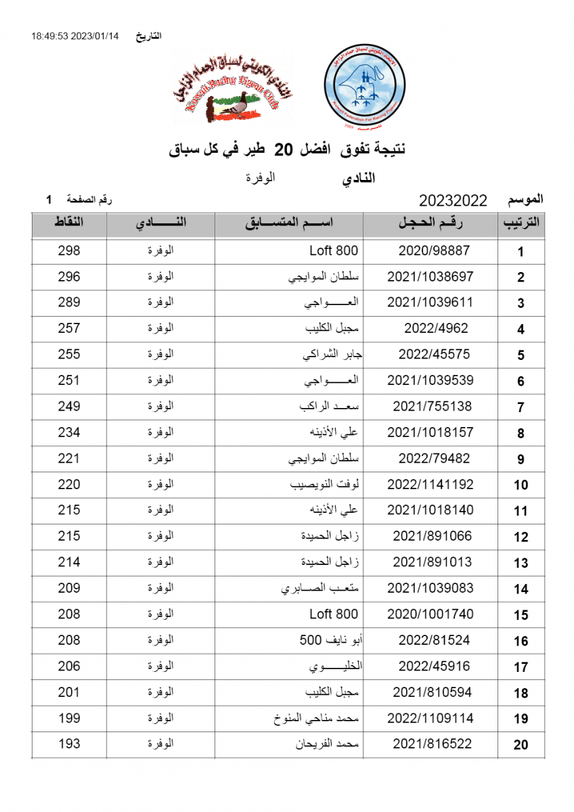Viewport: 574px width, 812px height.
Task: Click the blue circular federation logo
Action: pyautogui.click(x=365, y=88)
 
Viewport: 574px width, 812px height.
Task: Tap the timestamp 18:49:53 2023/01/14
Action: pyautogui.click(x=74, y=36)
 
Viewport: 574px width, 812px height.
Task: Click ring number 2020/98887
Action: pyautogui.click(x=434, y=251)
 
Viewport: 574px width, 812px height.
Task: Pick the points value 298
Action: pyautogui.click(x=69, y=251)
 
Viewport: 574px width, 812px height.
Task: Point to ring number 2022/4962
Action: pyautogui.click(x=436, y=329)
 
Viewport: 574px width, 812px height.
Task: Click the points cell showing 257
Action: pyautogui.click(x=69, y=329)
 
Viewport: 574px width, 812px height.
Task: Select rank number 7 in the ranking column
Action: pyautogui.click(x=521, y=407)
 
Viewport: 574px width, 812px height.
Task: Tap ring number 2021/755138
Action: pyautogui.click(x=432, y=407)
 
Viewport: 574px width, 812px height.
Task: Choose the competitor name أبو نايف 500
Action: pyautogui.click(x=329, y=640)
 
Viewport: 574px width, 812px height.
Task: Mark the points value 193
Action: pyautogui.click(x=69, y=744)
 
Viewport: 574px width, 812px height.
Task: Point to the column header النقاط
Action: pyautogui.click(x=69, y=223)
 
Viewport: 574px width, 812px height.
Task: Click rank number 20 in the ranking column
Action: pyautogui.click(x=521, y=745)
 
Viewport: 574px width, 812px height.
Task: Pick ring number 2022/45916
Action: pyautogui.click(x=434, y=667)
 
